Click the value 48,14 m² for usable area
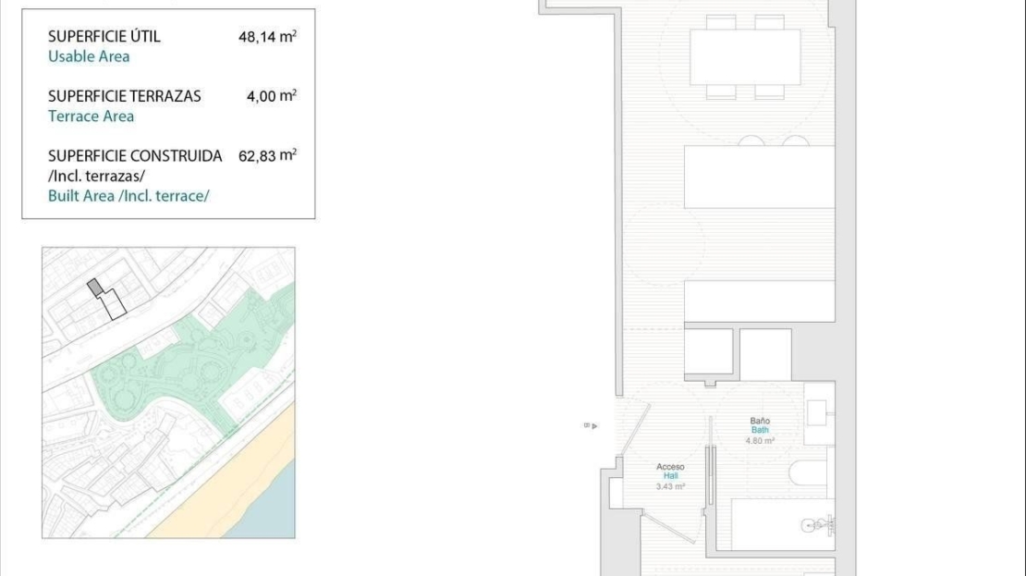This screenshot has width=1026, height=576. (x=268, y=36)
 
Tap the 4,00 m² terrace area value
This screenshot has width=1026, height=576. (x=272, y=95)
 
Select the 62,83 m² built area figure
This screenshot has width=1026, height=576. (x=268, y=155)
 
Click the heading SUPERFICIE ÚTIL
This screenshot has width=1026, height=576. (x=104, y=36)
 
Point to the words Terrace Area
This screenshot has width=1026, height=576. (x=91, y=116)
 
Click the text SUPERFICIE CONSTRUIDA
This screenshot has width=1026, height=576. (x=135, y=155)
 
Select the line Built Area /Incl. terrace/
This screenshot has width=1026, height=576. (x=128, y=196)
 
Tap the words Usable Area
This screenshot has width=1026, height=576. (x=89, y=56)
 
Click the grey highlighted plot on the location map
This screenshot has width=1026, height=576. (x=95, y=287)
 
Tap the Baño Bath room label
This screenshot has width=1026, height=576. (x=760, y=425)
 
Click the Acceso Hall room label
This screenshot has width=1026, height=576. (x=670, y=472)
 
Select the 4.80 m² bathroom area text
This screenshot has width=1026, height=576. (x=760, y=441)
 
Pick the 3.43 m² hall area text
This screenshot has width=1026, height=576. (x=670, y=487)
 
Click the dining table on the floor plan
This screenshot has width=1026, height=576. (x=745, y=57)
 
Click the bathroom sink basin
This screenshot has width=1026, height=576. (x=816, y=413)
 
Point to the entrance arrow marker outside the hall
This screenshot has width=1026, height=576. (x=591, y=426)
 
